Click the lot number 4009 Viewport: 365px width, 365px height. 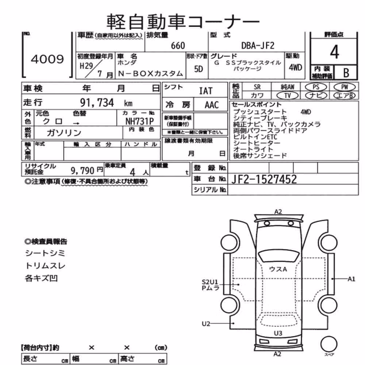47,59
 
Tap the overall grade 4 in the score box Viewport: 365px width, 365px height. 334,52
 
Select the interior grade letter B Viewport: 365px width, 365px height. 346,73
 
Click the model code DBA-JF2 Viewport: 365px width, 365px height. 258,45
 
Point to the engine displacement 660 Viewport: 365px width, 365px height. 178,46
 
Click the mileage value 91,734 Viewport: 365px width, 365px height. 97,103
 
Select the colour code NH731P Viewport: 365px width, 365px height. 139,121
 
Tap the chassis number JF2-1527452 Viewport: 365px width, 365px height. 264,179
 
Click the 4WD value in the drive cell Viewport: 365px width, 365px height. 295,68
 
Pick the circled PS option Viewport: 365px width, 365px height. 316,87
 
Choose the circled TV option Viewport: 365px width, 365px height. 287,95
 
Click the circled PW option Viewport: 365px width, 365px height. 345,87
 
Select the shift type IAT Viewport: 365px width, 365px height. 206,91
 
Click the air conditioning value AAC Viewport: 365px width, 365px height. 212,105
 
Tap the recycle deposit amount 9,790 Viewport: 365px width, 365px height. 82,171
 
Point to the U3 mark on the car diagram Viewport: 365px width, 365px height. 278,333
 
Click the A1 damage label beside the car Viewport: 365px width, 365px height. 351,279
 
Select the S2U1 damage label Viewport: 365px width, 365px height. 210,282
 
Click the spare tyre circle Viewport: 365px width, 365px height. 329,344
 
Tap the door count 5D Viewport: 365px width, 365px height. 199,69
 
